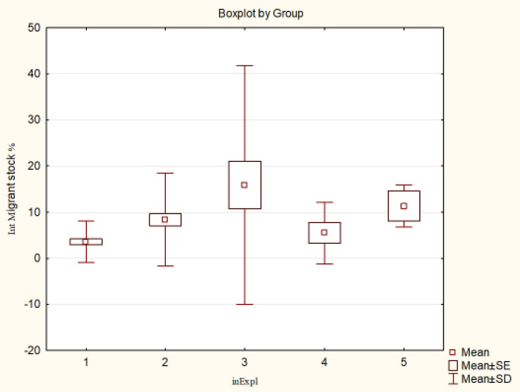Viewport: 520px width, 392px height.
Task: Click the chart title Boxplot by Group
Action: click(x=260, y=14)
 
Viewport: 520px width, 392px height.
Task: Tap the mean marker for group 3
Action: click(x=244, y=185)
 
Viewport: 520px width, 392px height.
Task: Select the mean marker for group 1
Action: click(x=86, y=241)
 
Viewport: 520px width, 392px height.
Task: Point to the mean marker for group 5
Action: click(x=404, y=206)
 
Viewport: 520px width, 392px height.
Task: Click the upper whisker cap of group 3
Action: click(x=244, y=66)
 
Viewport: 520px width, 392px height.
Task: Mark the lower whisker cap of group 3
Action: click(x=244, y=304)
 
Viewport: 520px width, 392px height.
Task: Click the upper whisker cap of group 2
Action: click(x=165, y=173)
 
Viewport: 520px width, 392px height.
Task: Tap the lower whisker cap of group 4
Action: click(x=324, y=264)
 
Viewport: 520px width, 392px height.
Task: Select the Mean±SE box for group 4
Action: click(x=324, y=225)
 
